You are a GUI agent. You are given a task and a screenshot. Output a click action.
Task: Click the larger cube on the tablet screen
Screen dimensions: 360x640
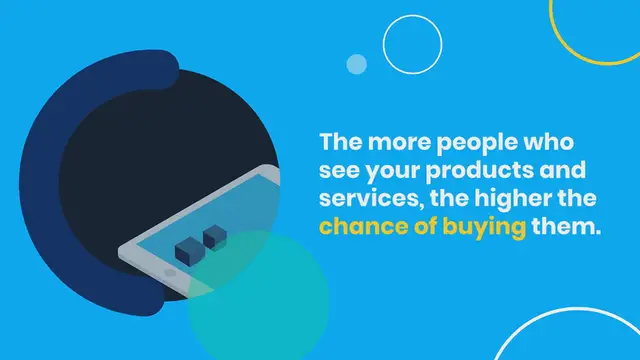pos(187,250)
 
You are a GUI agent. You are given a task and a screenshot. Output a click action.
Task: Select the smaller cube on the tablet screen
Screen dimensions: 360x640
pos(214,237)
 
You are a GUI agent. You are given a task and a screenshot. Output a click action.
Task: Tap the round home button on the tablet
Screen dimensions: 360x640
pos(170,270)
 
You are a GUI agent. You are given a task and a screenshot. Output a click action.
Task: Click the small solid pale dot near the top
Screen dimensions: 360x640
pos(357,64)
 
